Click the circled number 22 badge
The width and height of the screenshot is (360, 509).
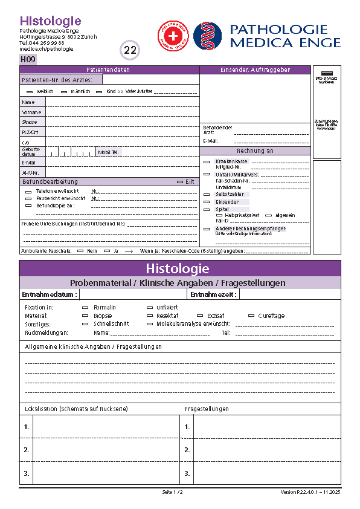point(130,50)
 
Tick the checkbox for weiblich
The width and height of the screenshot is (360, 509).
point(29,91)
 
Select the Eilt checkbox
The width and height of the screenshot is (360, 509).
point(179,181)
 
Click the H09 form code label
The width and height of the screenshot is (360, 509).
point(28,59)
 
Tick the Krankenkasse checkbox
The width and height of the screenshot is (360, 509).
point(207,162)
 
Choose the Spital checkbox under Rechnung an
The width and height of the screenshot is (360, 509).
point(207,209)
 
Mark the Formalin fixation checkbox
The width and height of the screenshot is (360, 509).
point(85,308)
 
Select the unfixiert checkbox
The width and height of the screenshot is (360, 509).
point(151,308)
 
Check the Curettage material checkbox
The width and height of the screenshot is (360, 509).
point(251,316)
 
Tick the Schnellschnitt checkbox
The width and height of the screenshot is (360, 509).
point(85,323)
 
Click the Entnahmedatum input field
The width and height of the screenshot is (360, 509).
point(133,294)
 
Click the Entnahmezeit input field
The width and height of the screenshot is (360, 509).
point(289,294)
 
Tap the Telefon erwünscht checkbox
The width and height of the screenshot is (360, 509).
point(28,191)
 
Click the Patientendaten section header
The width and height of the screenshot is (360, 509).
point(109,70)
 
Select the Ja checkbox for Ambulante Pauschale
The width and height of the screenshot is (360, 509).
point(107,250)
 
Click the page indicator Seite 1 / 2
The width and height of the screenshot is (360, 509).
point(172,492)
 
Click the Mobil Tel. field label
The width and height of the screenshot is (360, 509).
point(109,152)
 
